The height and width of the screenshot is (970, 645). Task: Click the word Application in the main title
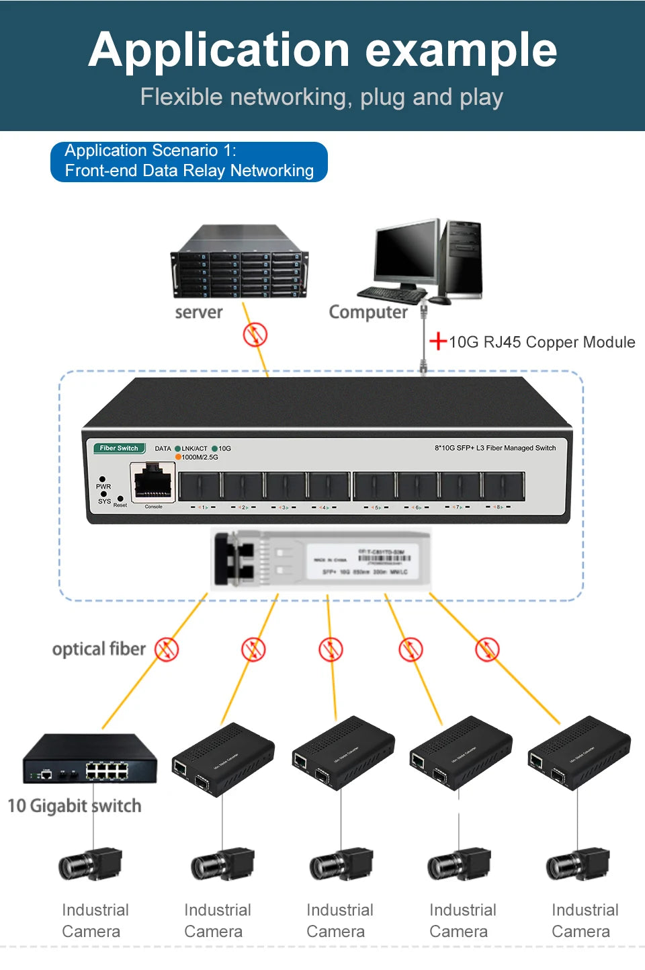[219, 51]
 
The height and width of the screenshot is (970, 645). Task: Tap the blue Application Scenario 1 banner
[189, 161]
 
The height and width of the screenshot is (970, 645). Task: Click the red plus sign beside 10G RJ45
[438, 341]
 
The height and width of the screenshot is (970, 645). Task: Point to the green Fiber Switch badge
[119, 448]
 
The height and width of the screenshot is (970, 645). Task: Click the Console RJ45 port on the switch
[153, 481]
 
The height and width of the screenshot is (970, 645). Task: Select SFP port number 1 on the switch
[200, 485]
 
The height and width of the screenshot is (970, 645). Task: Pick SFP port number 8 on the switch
[502, 485]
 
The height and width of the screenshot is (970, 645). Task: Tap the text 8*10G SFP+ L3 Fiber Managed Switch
[495, 448]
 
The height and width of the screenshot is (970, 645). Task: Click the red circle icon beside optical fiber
[167, 649]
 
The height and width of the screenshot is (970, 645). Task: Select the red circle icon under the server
[255, 334]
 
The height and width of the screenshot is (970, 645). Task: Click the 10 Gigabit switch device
[89, 760]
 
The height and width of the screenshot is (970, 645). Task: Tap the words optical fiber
[99, 649]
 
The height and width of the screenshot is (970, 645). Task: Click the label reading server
[198, 313]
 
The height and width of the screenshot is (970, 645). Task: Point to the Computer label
[368, 313]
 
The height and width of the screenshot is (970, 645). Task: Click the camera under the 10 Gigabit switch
[91, 865]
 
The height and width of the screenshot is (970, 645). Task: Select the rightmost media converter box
[579, 753]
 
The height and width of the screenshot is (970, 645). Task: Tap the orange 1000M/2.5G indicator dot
[178, 457]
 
